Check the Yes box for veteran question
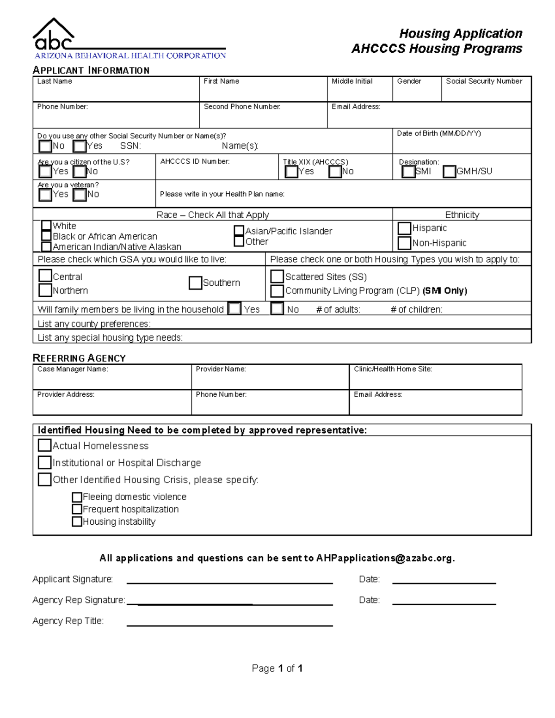(x=45, y=195)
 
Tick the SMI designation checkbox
(x=408, y=172)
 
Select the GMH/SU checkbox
(x=449, y=172)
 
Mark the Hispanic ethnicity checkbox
(x=404, y=228)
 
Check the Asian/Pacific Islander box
(x=239, y=231)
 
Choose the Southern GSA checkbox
(x=195, y=283)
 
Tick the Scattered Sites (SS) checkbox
(x=277, y=276)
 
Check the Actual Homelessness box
(x=44, y=445)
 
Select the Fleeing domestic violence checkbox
(x=77, y=497)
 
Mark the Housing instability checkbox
(x=77, y=522)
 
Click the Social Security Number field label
(x=484, y=81)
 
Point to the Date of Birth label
(x=438, y=134)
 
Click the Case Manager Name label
(x=73, y=369)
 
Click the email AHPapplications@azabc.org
(x=384, y=558)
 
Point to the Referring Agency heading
(x=79, y=358)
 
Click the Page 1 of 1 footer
(x=277, y=668)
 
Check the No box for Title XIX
(x=335, y=172)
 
